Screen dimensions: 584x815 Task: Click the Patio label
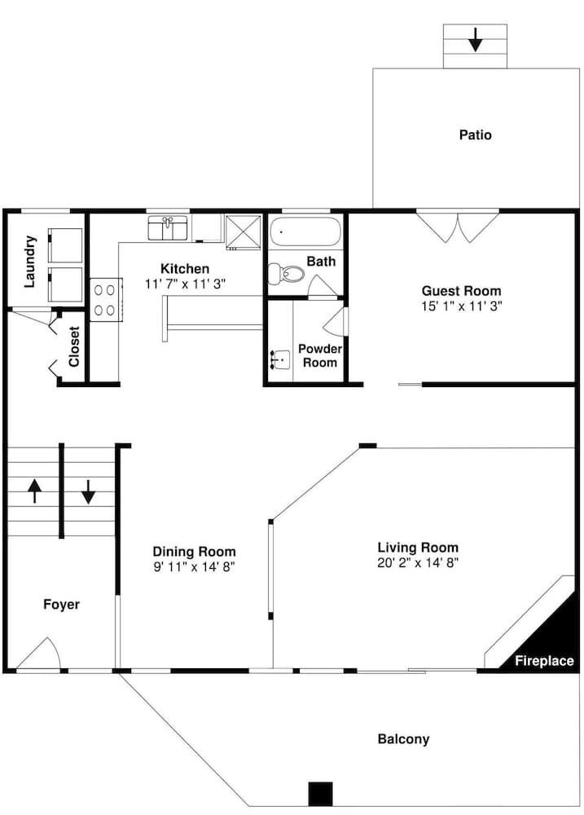point(475,135)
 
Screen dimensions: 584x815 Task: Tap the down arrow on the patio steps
point(475,40)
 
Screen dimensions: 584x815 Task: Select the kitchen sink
point(168,227)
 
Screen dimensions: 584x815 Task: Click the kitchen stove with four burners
point(106,300)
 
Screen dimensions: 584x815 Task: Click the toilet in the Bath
point(286,273)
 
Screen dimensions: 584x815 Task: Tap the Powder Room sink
point(280,359)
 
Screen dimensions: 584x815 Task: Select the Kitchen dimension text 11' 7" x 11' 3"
point(185,284)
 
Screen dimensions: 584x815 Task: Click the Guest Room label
point(461,291)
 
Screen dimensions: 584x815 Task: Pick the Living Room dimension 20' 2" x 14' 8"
point(418,562)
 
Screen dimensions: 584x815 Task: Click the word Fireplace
point(545,661)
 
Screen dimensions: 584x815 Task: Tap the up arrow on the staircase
point(34,491)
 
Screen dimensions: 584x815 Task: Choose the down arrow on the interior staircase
point(88,491)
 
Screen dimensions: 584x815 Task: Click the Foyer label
point(61,605)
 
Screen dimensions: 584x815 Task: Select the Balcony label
point(404,739)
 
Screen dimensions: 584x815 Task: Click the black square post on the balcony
point(321,794)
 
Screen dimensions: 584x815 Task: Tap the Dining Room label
point(195,551)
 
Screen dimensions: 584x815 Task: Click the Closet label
point(74,346)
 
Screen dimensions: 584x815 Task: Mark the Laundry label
point(30,262)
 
